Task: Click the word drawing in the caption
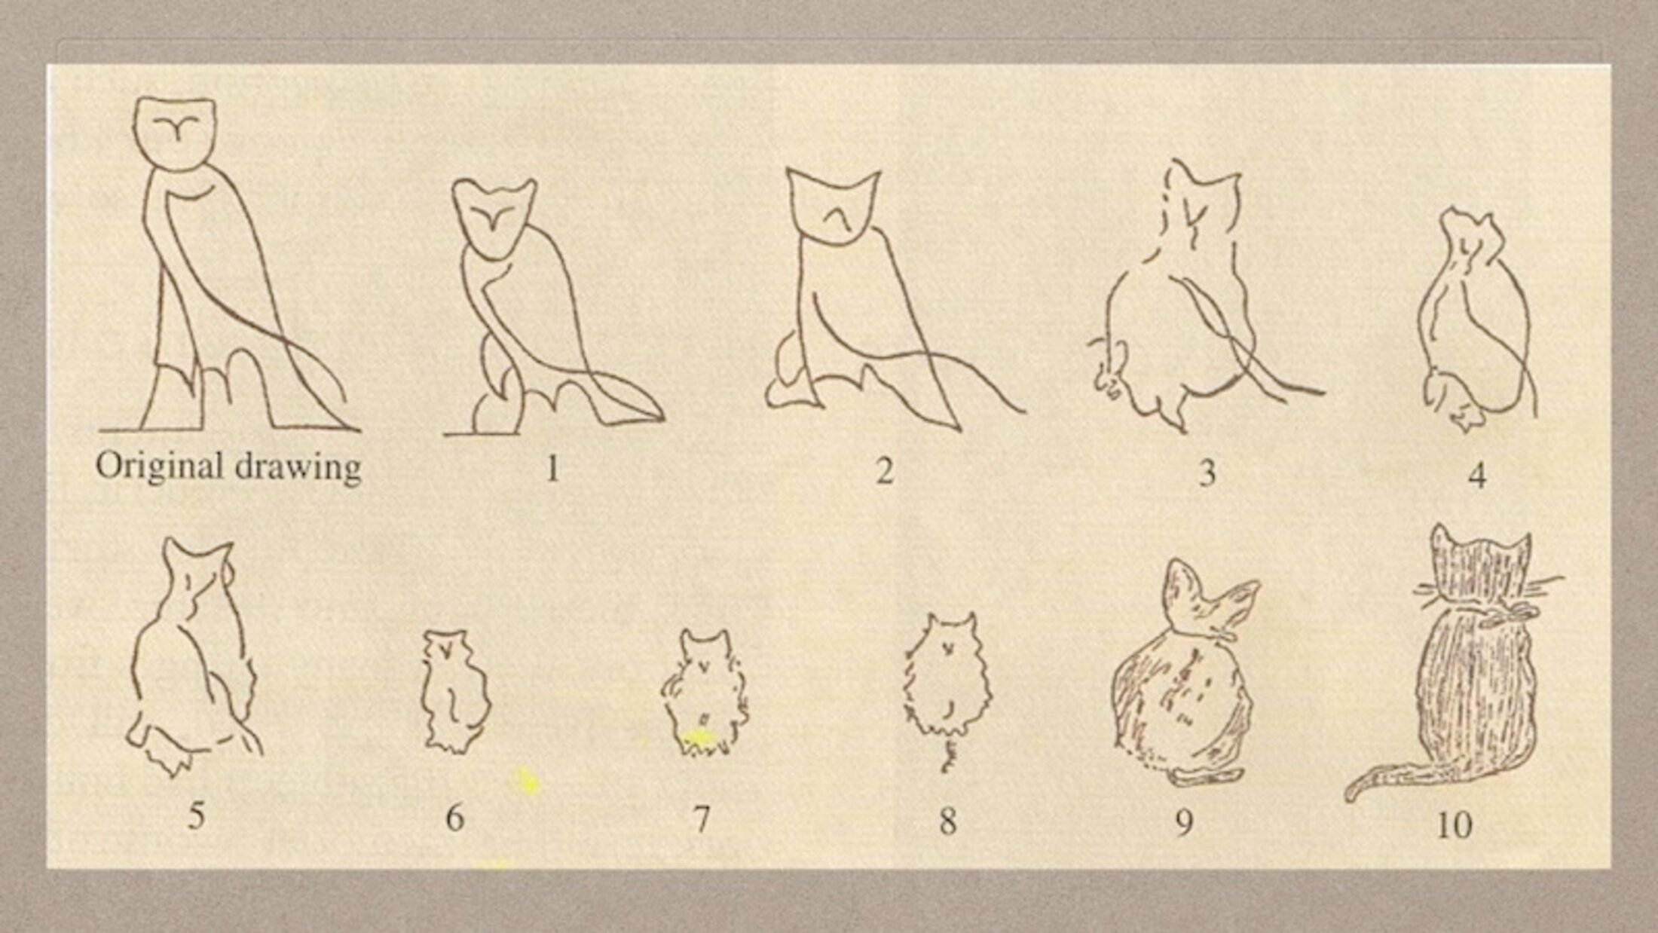click(298, 468)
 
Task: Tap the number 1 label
click(552, 469)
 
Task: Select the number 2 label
click(884, 470)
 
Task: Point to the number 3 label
click(1207, 473)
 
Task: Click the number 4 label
click(1478, 476)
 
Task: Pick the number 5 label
click(196, 815)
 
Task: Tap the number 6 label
click(454, 818)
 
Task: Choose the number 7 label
click(701, 818)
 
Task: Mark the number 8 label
click(947, 820)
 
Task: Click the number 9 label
click(1184, 822)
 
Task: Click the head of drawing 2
click(832, 206)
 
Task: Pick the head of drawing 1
click(494, 219)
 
